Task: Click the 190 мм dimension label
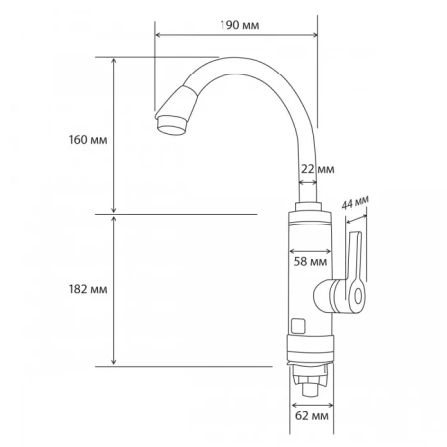click(x=239, y=25)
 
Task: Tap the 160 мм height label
click(x=87, y=140)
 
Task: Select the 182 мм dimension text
click(x=87, y=289)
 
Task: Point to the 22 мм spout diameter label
click(x=317, y=169)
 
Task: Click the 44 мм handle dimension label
click(x=355, y=203)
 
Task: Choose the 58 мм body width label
click(x=310, y=262)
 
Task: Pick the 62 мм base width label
click(x=312, y=416)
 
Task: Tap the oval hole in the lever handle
click(x=358, y=296)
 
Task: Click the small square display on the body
click(x=298, y=326)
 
